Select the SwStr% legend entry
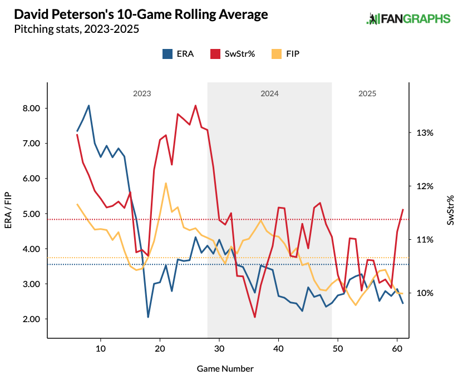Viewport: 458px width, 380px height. click(x=233, y=54)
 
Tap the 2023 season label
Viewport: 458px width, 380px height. click(x=142, y=94)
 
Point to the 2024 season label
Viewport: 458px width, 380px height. click(x=269, y=94)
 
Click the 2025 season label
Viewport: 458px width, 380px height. click(x=367, y=94)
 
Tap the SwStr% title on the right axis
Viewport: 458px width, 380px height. click(x=450, y=210)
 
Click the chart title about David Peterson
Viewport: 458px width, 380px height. click(x=138, y=14)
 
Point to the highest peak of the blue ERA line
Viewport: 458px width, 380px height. click(x=88, y=105)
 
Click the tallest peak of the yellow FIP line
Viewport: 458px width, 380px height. click(x=166, y=183)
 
